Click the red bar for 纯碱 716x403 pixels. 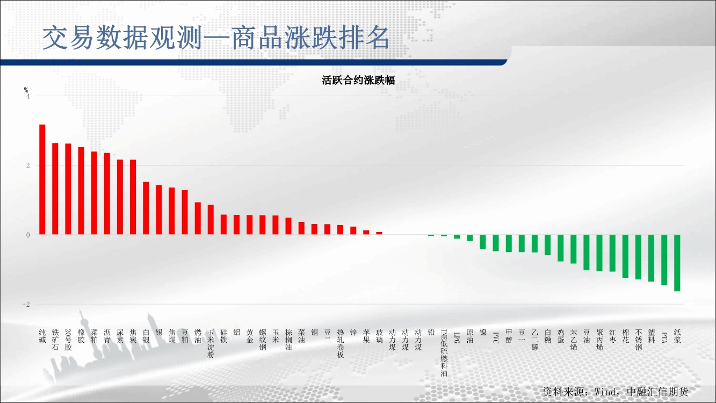coord(42,179)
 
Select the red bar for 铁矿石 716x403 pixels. coord(55,189)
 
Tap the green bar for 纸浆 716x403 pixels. coord(677,263)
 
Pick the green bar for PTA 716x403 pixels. coord(664,260)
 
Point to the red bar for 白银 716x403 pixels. coord(146,208)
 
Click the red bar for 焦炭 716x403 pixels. coord(133,197)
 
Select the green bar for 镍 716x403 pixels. coord(483,242)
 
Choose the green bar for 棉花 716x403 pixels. coord(625,256)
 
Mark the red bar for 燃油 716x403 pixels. coord(198,219)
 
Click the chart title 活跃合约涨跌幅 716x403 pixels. coord(358,80)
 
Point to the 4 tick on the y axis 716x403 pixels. coord(28,97)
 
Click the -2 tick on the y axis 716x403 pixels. coord(26,305)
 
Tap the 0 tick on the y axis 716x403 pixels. coord(28,235)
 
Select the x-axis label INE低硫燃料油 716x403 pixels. coord(444,353)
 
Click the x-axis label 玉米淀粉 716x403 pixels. coord(211,343)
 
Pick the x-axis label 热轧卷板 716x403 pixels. coord(341,343)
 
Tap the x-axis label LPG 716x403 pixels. coord(457,336)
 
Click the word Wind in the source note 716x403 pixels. coord(605,392)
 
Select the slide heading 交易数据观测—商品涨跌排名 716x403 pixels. coord(216,38)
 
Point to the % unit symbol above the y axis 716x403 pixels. coord(26,90)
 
